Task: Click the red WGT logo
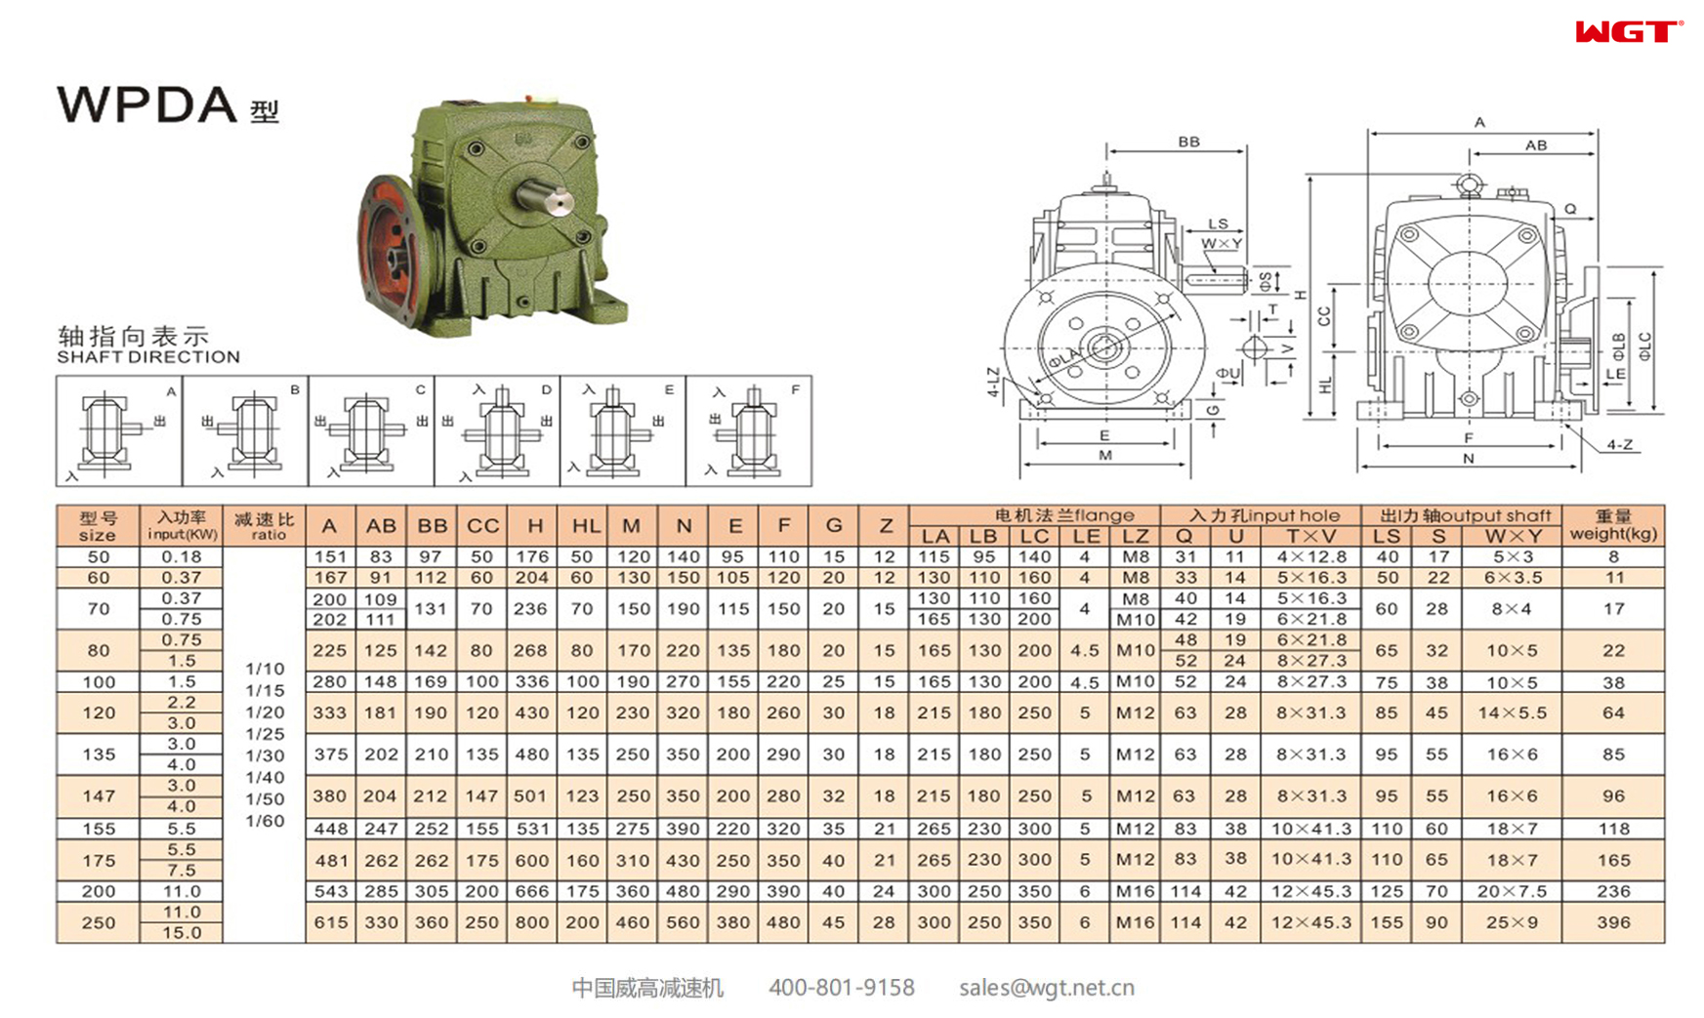point(1628,32)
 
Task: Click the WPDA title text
point(147,104)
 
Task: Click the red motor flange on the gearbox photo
point(389,245)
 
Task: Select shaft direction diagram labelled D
point(498,430)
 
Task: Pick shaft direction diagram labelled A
point(118,430)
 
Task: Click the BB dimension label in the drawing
point(1188,142)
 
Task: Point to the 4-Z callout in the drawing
point(1619,444)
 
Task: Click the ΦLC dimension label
point(1645,346)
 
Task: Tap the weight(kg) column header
point(1612,525)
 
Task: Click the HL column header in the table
point(585,526)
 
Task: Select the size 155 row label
point(99,829)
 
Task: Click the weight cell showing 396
point(1613,922)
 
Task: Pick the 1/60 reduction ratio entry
point(265,821)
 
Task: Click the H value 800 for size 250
point(532,922)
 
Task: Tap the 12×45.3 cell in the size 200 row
point(1310,891)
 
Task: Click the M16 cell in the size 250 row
point(1135,922)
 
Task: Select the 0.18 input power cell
point(182,556)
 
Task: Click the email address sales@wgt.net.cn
point(1046,988)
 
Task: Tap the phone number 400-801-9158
point(841,988)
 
